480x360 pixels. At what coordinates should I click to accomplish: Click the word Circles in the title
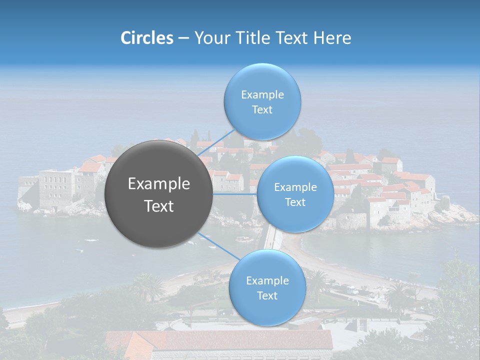tap(147, 38)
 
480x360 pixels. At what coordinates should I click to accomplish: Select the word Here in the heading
tap(332, 38)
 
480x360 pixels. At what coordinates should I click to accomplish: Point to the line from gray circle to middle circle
tap(234, 194)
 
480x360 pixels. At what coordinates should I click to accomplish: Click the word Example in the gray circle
tap(159, 184)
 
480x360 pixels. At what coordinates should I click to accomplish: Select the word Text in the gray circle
tap(159, 206)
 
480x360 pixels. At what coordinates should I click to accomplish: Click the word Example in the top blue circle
tap(262, 94)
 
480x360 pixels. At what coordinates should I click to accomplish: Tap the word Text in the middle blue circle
tap(295, 202)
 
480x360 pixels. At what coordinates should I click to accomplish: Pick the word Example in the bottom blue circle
tap(267, 280)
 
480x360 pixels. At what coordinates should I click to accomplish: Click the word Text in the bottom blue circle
tap(267, 295)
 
